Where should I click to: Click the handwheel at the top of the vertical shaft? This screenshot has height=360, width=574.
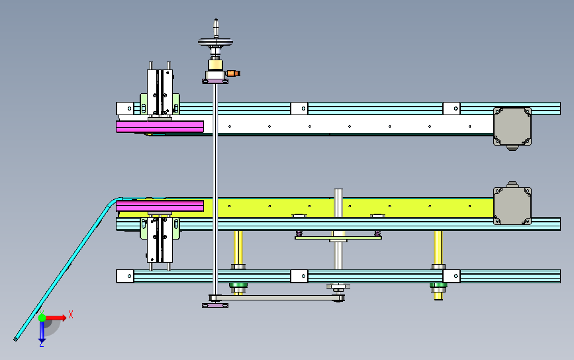coord(216,42)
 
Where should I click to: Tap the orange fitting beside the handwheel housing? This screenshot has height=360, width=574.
coord(233,73)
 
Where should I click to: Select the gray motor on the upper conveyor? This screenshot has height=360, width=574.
coord(512,127)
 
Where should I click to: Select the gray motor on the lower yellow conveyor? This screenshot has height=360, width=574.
coord(512,203)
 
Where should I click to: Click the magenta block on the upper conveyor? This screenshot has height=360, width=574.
coord(160,126)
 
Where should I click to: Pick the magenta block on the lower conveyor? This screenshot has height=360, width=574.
coord(160,206)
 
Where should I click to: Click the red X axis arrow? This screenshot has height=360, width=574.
coord(55,318)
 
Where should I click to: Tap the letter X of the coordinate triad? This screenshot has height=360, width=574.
coord(71,314)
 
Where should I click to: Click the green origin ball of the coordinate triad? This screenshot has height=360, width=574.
coord(42,318)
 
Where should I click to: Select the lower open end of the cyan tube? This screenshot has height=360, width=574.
coord(16,339)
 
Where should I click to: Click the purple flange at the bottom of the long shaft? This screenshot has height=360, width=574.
coord(215,305)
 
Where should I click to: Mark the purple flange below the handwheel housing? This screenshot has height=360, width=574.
coord(215,81)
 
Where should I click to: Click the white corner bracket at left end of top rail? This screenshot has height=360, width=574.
coord(125,109)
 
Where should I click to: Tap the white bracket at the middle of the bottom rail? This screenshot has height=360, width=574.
coord(299,276)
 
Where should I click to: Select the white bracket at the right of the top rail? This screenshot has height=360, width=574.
coord(452,109)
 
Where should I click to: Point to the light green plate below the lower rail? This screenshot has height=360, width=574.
coord(338,238)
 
